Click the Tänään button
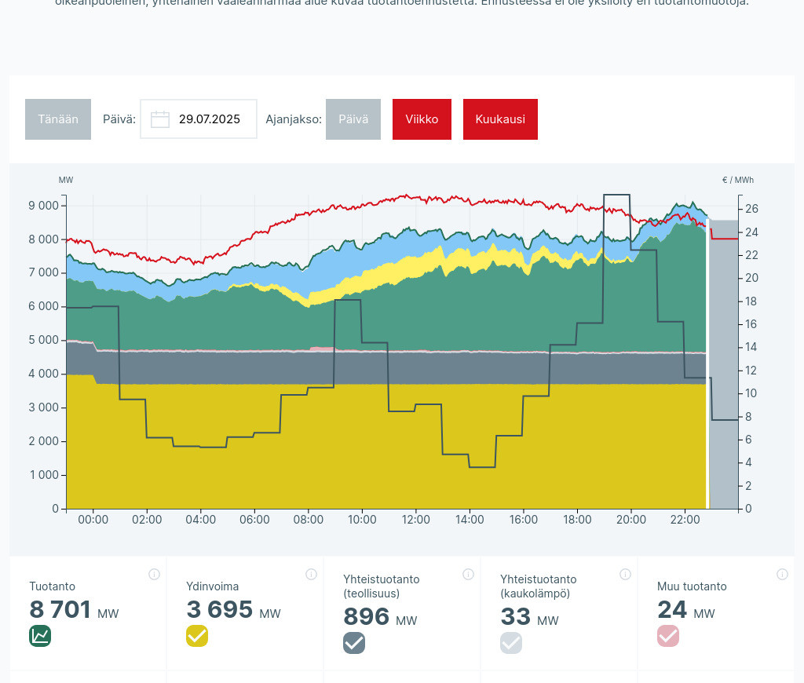click(x=58, y=119)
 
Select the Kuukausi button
click(x=500, y=119)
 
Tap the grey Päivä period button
click(x=353, y=119)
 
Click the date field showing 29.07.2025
click(x=209, y=119)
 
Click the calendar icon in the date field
click(x=160, y=119)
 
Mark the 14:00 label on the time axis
click(x=470, y=520)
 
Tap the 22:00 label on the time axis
click(x=685, y=520)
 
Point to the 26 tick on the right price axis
click(x=752, y=209)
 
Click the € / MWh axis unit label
click(x=737, y=180)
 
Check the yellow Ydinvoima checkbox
click(x=197, y=636)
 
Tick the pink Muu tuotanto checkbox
click(x=668, y=636)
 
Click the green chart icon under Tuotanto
click(x=40, y=636)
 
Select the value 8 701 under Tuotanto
click(x=60, y=610)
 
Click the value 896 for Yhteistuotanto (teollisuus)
click(x=367, y=617)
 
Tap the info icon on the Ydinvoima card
click(x=311, y=575)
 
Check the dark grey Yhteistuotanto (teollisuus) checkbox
click(x=354, y=643)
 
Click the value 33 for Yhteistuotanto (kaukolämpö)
click(x=516, y=617)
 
